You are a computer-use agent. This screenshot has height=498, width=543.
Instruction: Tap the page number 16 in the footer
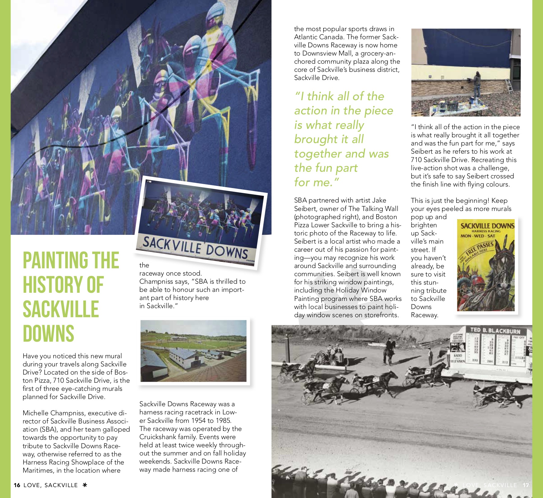coord(17,485)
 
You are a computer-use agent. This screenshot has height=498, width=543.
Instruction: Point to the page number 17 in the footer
coord(526,485)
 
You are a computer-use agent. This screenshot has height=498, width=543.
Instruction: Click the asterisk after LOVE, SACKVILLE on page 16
coord(85,485)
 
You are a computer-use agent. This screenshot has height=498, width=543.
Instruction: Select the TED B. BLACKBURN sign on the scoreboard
coord(495,330)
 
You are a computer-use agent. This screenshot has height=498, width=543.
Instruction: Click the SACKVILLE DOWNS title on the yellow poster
coord(487,225)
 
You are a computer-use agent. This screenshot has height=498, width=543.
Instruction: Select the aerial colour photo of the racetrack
coord(193,351)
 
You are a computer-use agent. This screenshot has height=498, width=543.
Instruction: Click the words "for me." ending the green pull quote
coord(316,182)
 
